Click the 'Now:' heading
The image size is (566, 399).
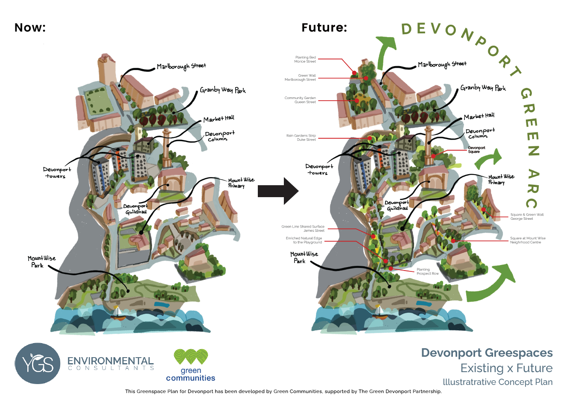click(x=30, y=28)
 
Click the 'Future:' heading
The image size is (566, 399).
click(x=324, y=28)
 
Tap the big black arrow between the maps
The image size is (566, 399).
click(x=278, y=191)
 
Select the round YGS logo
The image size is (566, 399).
click(x=38, y=364)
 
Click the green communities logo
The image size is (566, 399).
click(x=190, y=365)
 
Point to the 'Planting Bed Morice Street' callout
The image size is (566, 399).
click(x=306, y=59)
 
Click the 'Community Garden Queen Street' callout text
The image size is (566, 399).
click(x=301, y=100)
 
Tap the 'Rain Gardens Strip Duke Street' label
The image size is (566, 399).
click(x=301, y=137)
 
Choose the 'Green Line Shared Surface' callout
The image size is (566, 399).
click(x=303, y=228)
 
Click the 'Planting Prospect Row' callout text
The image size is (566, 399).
click(x=427, y=271)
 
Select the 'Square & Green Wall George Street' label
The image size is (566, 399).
click(x=527, y=217)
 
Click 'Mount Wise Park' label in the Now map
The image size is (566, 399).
click(x=41, y=262)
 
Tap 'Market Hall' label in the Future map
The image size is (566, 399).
click(x=479, y=116)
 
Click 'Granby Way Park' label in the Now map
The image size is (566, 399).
click(x=223, y=90)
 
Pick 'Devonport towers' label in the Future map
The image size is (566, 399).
click(x=319, y=169)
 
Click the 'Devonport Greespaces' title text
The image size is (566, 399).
click(x=487, y=353)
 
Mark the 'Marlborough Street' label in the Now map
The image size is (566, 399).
click(x=181, y=66)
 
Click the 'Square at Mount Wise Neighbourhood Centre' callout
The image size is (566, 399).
click(x=528, y=240)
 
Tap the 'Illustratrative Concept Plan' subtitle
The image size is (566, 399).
click(x=497, y=382)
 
